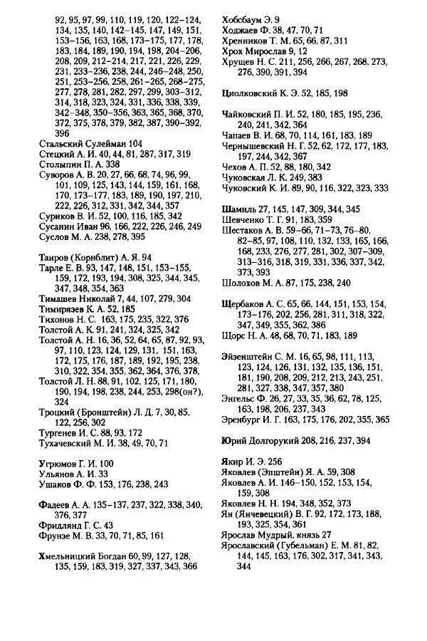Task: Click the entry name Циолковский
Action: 253,93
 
